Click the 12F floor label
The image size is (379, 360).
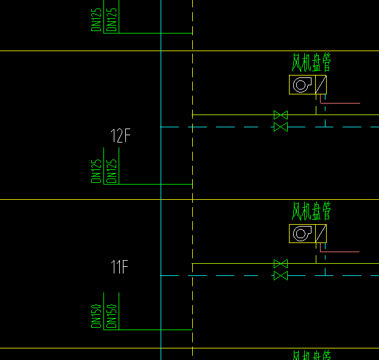[120, 136]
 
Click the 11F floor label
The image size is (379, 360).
[120, 267]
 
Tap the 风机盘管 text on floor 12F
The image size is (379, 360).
[311, 63]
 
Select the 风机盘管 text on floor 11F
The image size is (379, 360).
[311, 211]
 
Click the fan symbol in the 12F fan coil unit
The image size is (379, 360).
[302, 85]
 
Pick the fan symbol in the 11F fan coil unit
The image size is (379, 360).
[302, 233]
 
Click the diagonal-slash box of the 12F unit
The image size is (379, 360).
[321, 85]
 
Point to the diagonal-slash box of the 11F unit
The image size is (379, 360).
[321, 233]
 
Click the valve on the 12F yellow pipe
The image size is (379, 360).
[280, 115]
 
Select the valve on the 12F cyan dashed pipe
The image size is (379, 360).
[280, 127]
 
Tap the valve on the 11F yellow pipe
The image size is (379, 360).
[280, 264]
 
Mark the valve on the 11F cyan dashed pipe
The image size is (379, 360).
[280, 276]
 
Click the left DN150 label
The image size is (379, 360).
[96, 316]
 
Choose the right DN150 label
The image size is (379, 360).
[111, 316]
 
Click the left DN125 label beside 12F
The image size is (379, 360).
[96, 171]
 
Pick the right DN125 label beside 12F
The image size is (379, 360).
[111, 171]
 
